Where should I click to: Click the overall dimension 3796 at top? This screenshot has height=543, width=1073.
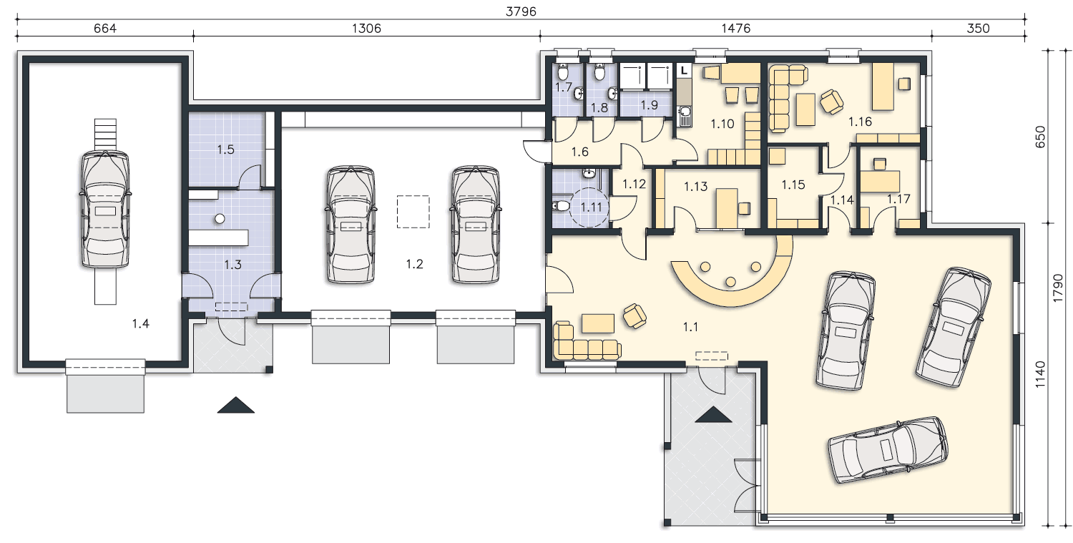[521, 11]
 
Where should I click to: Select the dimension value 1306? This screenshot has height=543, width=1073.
[366, 29]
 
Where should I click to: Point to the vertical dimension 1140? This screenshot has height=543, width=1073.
[1039, 375]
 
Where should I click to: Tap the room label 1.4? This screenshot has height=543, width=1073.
[140, 324]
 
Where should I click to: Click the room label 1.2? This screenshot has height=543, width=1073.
[414, 264]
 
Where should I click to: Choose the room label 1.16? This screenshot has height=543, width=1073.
[860, 122]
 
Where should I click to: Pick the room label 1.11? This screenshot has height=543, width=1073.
[591, 207]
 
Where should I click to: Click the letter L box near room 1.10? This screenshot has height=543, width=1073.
[684, 70]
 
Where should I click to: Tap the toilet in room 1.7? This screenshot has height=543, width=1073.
[563, 72]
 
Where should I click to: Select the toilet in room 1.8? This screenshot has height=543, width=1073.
[599, 72]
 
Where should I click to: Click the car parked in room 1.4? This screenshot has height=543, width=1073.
[105, 210]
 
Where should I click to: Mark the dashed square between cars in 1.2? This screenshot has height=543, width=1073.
[413, 211]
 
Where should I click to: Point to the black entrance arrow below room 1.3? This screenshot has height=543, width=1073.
[235, 405]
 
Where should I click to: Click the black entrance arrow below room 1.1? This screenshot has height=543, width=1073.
[713, 414]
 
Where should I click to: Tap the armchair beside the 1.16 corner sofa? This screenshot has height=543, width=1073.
[831, 102]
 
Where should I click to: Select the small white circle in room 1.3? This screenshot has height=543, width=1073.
[220, 218]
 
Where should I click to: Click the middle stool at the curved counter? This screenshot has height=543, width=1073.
[730, 282]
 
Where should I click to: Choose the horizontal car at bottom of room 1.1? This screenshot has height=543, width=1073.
[888, 449]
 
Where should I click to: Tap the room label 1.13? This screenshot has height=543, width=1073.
[695, 187]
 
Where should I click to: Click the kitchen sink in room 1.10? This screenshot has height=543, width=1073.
[685, 112]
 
